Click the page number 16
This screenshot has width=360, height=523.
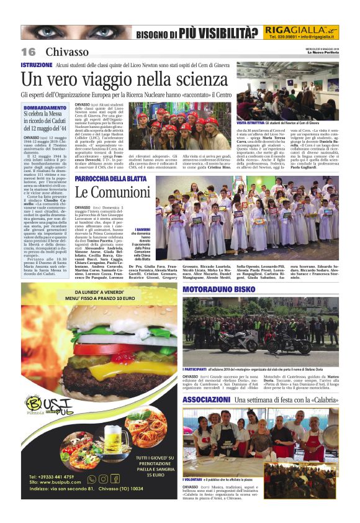point(28,52)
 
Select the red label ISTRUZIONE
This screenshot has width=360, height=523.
point(36,65)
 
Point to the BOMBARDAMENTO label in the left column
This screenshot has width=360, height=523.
point(43,107)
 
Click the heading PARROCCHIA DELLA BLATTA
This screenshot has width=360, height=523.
point(110,179)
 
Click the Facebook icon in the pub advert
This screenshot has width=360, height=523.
point(115,479)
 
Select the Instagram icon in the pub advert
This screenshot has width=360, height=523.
point(103,479)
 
